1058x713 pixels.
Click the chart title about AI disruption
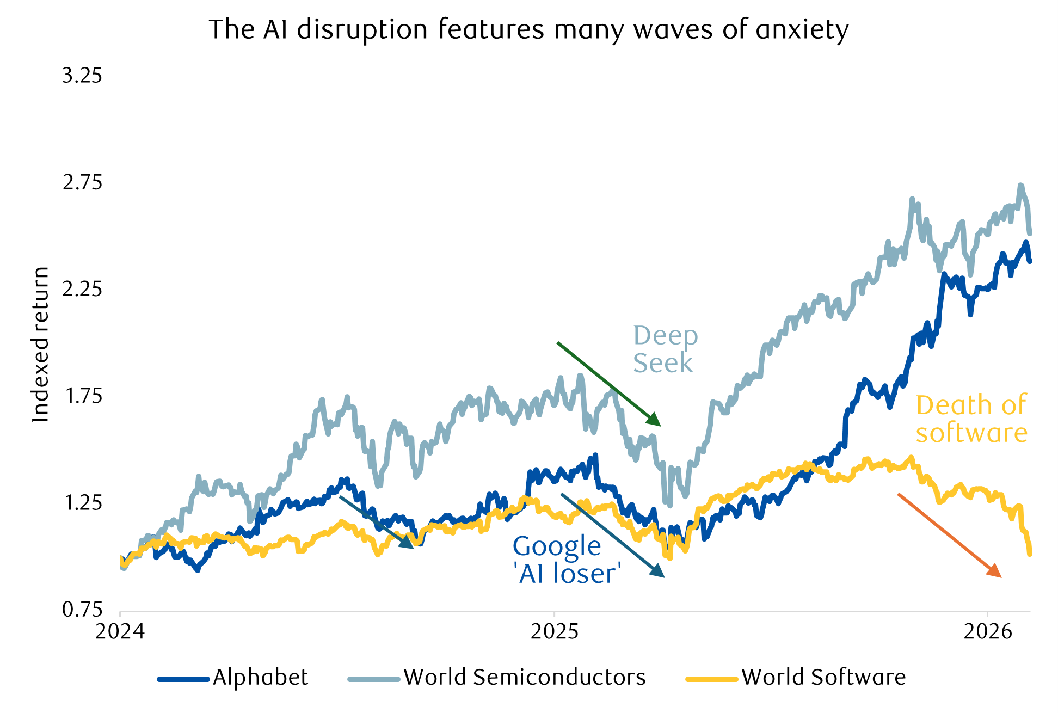(x=528, y=30)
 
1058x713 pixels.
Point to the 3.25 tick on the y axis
(x=82, y=76)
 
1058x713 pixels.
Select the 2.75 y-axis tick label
(x=82, y=182)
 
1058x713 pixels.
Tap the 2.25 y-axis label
(x=82, y=289)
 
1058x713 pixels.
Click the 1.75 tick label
(x=83, y=396)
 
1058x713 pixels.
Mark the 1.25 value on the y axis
(x=83, y=502)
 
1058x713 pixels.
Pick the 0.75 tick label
(x=82, y=609)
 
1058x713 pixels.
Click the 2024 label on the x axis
(x=120, y=631)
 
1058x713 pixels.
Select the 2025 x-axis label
(x=554, y=631)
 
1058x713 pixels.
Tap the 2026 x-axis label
(x=987, y=631)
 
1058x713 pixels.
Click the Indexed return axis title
(x=41, y=345)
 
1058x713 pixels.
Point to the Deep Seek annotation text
(x=665, y=349)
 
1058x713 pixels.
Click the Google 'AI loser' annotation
(x=566, y=560)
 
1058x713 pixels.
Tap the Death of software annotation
(x=971, y=419)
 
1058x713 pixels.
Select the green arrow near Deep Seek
(x=608, y=384)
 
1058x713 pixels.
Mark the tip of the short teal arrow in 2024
(x=413, y=547)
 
